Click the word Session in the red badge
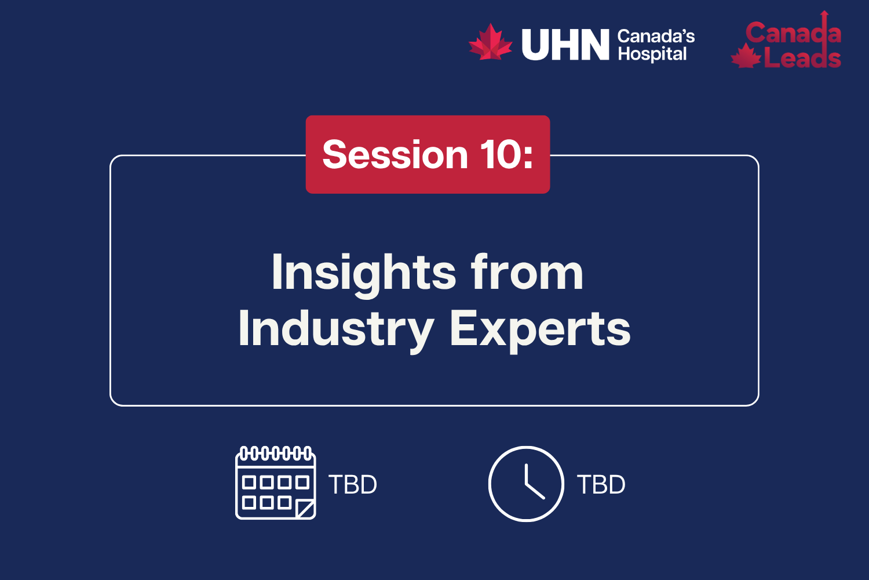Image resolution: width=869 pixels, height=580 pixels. tap(395, 155)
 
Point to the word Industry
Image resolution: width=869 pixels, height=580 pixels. tap(336, 329)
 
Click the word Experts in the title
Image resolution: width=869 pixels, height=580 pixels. tap(540, 329)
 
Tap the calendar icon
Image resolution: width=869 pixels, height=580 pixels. tap(275, 483)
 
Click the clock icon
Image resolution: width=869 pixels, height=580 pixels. tap(526, 484)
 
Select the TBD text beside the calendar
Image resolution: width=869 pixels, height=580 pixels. tap(353, 485)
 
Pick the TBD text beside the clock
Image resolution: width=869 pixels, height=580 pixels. tap(601, 485)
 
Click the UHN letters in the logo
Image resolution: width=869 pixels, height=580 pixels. tap(565, 45)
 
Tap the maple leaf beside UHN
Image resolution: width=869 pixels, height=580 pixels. tap(490, 42)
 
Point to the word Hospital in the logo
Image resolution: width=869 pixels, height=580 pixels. tap(652, 55)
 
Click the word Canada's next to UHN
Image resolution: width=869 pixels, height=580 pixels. tap(656, 37)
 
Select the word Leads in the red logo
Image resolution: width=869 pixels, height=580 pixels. tap(802, 58)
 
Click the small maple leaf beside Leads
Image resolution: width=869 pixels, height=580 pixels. tap(746, 57)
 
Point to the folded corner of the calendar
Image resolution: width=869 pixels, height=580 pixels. tap(306, 509)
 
